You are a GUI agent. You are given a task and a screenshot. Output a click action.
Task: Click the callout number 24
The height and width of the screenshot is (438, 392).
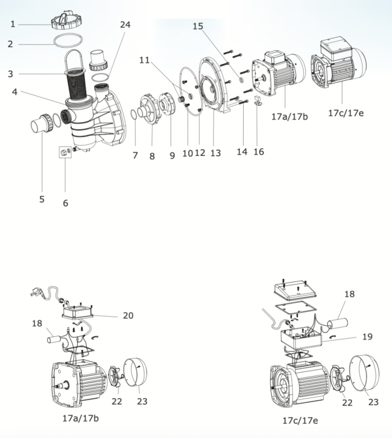click(x=125, y=25)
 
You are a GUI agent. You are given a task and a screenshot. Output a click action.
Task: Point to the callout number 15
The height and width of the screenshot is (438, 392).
click(x=198, y=26)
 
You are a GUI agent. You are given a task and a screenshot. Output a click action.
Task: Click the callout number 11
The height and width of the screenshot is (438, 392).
click(x=144, y=60)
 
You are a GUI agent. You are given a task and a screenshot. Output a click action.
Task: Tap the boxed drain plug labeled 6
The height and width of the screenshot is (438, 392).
click(x=65, y=152)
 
